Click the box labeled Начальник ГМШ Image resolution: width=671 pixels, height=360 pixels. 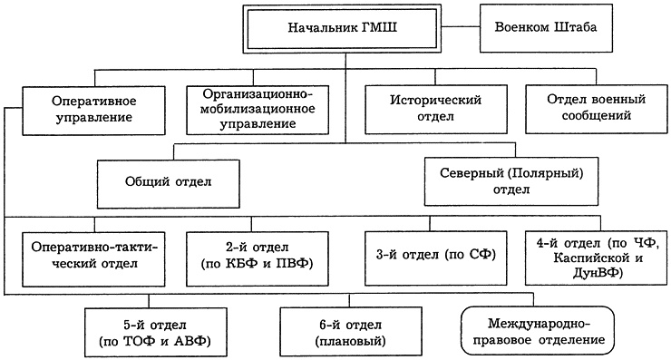345,27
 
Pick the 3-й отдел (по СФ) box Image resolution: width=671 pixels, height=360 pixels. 432,255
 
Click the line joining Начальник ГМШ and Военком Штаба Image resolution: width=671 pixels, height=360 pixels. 464,27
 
